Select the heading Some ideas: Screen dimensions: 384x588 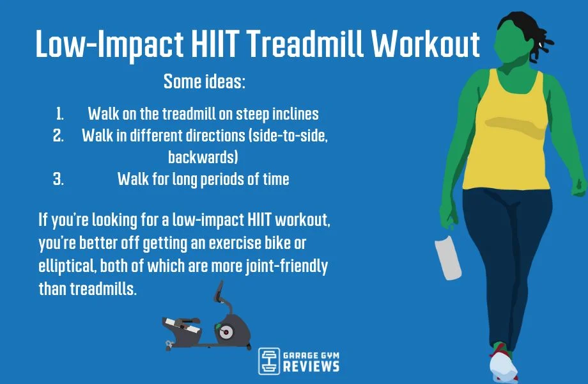pos(205,81)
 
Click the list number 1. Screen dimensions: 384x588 pos(60,115)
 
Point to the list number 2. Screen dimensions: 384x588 pos(59,136)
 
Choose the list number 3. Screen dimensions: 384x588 pos(59,179)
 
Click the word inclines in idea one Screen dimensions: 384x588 pos(295,115)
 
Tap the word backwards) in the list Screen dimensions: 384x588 pos(204,157)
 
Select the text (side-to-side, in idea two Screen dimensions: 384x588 pos(282,136)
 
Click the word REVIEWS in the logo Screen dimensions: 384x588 pos(311,367)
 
